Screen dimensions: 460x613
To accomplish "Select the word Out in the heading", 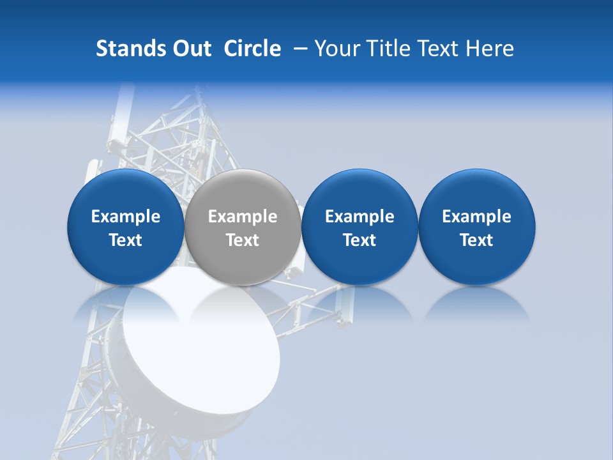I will [192, 49].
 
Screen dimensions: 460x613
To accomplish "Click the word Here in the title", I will [490, 49].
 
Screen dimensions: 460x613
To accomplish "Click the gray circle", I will [243, 227].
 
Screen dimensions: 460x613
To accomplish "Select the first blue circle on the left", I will [125, 227].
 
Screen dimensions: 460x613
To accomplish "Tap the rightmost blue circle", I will [476, 227].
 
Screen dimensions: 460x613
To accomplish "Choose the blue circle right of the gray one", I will [359, 227].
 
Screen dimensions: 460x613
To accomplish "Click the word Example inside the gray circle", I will [243, 217].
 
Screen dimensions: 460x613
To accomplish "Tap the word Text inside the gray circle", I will [243, 240].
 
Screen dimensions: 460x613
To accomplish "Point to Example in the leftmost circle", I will [125, 217].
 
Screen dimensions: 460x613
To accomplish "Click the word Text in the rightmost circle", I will [476, 240].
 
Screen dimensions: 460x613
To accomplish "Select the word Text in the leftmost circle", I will [125, 240].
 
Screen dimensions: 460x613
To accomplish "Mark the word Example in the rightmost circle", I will [476, 217].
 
